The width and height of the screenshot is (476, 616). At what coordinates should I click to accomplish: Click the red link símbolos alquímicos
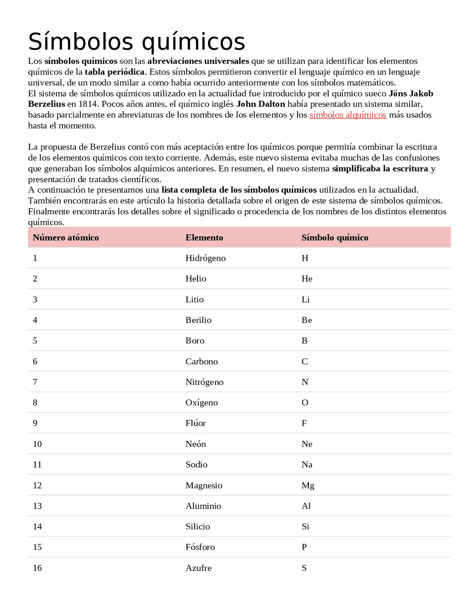[x=347, y=115]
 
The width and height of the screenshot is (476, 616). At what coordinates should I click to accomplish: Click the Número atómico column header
[x=66, y=238]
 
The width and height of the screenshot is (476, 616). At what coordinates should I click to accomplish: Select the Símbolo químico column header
[x=335, y=238]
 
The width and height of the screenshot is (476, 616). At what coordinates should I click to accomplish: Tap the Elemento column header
[x=204, y=238]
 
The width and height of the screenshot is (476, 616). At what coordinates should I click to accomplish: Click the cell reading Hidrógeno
[x=205, y=258]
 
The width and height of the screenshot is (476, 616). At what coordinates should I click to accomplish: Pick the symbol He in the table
[x=307, y=279]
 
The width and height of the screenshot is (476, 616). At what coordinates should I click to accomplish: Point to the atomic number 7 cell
[x=35, y=382]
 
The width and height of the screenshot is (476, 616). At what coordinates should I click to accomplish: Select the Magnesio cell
[x=204, y=485]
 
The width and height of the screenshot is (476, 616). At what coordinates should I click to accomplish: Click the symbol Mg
[x=308, y=485]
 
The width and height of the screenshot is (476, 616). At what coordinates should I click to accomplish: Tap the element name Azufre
[x=199, y=568]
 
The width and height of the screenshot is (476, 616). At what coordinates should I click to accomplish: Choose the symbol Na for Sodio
[x=307, y=465]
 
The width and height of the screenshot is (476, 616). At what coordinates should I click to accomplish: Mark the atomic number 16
[x=37, y=568]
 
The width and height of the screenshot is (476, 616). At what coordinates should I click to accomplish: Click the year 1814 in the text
[x=88, y=104]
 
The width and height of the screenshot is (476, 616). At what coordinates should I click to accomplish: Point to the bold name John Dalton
[x=261, y=104]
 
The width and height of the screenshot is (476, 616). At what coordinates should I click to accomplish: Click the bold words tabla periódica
[x=115, y=72]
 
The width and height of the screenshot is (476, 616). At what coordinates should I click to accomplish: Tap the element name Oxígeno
[x=202, y=403]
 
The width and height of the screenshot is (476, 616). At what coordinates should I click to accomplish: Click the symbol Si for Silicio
[x=305, y=527]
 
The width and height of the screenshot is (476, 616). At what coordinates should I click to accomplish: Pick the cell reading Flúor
[x=196, y=423]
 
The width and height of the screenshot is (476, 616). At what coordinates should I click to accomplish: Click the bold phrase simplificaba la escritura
[x=380, y=169]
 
